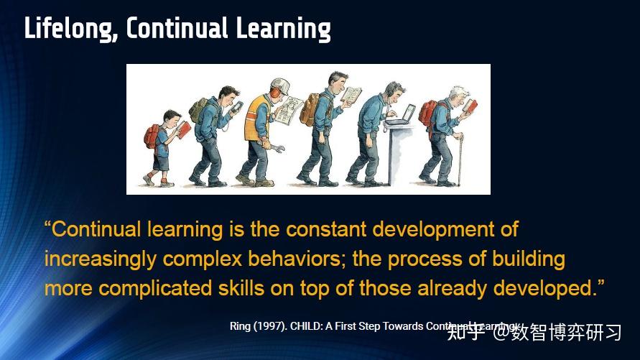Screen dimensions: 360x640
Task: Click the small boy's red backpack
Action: (x=152, y=137)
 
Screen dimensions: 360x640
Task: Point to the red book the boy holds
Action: (x=183, y=129)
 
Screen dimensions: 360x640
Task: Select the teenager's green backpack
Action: (x=198, y=109)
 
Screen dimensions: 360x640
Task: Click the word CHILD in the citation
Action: (x=307, y=326)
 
